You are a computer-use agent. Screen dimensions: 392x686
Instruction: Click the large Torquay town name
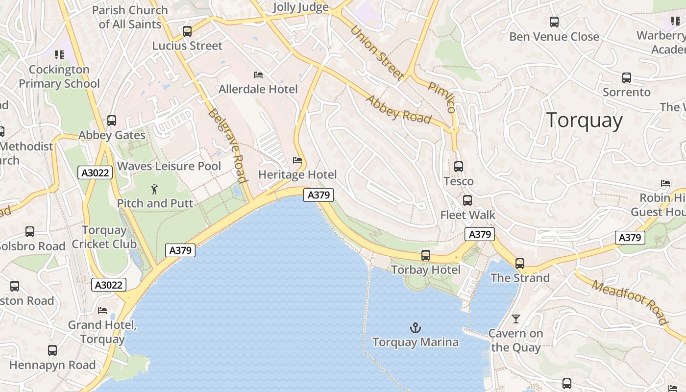584,120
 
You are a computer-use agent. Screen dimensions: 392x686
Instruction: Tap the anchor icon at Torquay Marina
416,327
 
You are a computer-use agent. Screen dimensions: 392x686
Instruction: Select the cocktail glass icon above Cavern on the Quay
516,319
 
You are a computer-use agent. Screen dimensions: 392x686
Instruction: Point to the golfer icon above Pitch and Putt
155,189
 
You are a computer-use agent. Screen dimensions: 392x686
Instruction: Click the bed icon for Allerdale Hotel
258,75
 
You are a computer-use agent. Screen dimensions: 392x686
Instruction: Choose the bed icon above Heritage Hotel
297,160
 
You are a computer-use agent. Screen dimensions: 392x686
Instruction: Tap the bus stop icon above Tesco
459,167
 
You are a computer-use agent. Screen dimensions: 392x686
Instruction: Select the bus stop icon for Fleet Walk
467,200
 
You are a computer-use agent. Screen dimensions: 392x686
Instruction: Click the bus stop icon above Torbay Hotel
426,255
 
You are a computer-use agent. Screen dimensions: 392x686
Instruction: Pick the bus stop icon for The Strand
520,264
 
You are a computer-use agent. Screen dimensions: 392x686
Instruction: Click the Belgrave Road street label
227,146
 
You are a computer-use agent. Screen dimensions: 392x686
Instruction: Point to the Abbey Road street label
398,109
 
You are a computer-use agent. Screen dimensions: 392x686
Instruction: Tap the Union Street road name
377,52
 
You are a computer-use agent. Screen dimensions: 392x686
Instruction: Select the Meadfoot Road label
630,302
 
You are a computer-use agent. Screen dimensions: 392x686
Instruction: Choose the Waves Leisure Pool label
169,166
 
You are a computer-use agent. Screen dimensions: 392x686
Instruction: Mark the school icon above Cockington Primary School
59,55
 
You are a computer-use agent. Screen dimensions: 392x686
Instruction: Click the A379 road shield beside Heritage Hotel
318,195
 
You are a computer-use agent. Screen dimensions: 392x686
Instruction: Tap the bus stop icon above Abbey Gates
112,121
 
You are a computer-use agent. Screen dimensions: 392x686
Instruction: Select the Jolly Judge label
300,7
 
